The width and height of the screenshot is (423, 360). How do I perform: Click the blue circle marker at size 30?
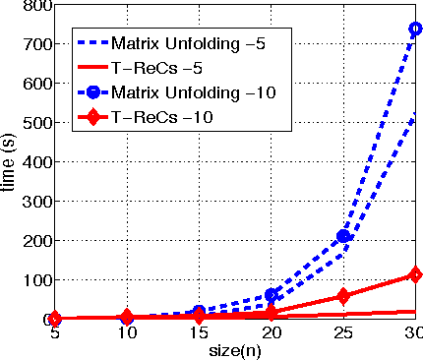click(x=415, y=30)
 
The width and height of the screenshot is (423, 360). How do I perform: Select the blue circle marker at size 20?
click(x=272, y=295)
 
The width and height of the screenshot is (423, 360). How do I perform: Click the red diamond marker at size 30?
click(x=415, y=274)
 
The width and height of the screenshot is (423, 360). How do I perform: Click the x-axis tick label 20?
click(x=272, y=335)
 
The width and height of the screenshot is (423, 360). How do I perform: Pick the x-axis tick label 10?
click(x=128, y=335)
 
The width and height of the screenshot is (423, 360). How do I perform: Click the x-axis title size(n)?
click(x=235, y=350)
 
